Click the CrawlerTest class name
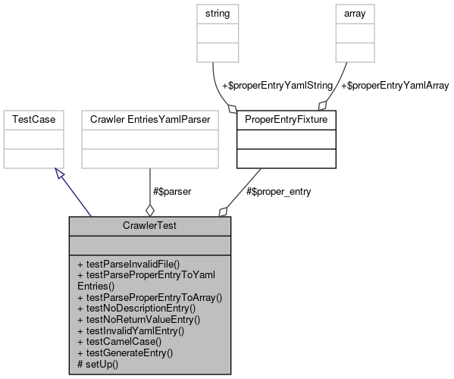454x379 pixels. pyautogui.click(x=149, y=226)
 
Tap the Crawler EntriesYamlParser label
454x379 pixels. pyautogui.click(x=149, y=120)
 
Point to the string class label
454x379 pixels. pyautogui.click(x=218, y=14)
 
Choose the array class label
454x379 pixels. pyautogui.click(x=355, y=14)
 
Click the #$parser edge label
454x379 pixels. pyautogui.click(x=172, y=191)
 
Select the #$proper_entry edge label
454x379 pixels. pyautogui.click(x=279, y=191)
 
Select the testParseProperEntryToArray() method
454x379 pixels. pyautogui.click(x=149, y=298)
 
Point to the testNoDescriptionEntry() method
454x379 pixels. pyautogui.click(x=136, y=309)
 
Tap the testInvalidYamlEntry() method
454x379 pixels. pyautogui.click(x=130, y=330)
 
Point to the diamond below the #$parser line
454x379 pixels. pyautogui.click(x=149, y=210)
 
